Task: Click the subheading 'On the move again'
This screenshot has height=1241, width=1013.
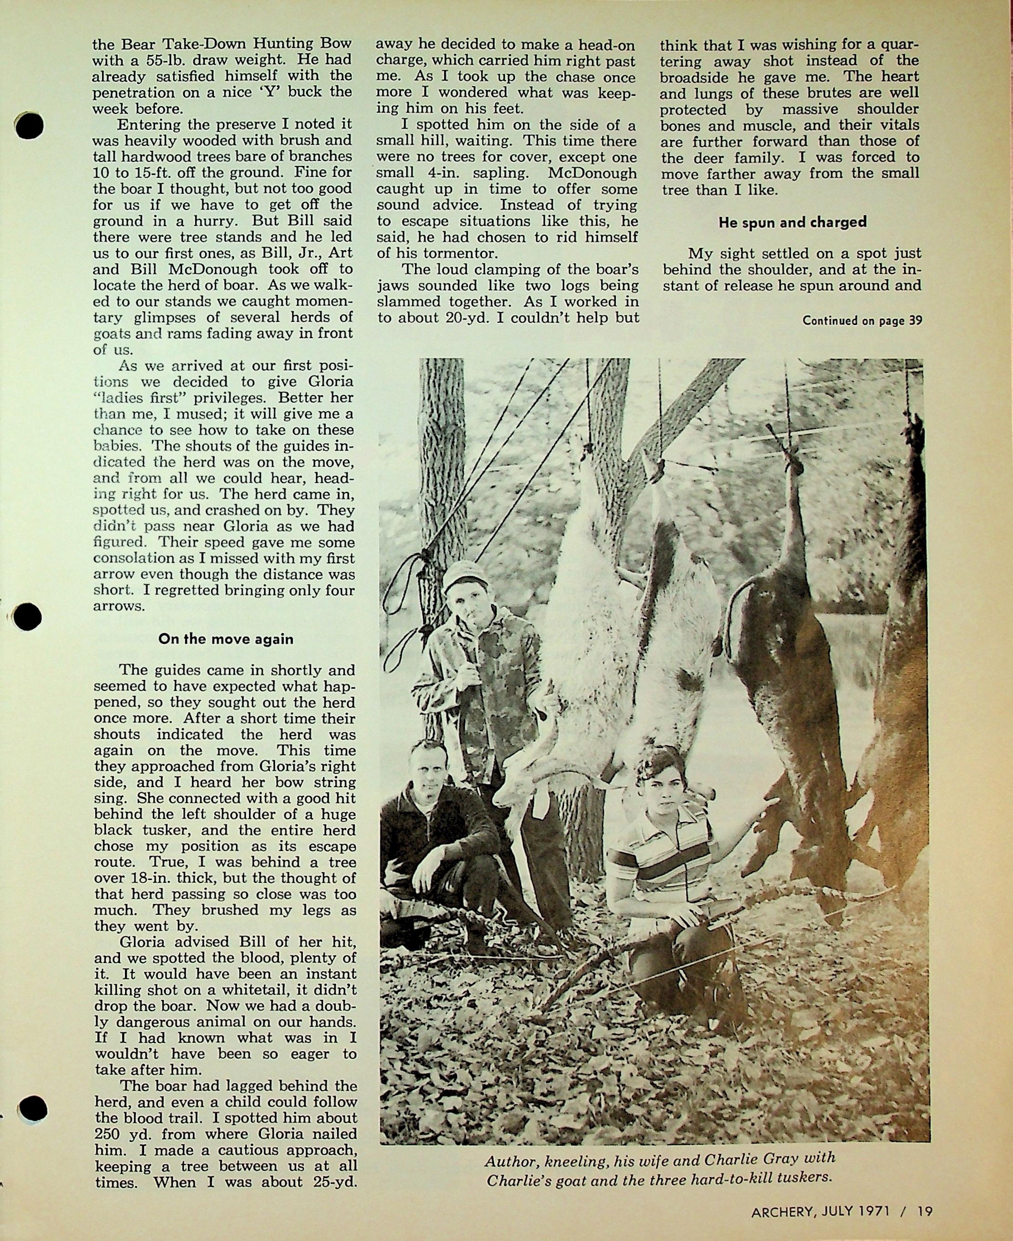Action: [226, 639]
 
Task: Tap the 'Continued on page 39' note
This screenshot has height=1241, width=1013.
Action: [862, 320]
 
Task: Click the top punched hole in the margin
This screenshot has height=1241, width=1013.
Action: [30, 125]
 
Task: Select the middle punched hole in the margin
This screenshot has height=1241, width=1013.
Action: [27, 617]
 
